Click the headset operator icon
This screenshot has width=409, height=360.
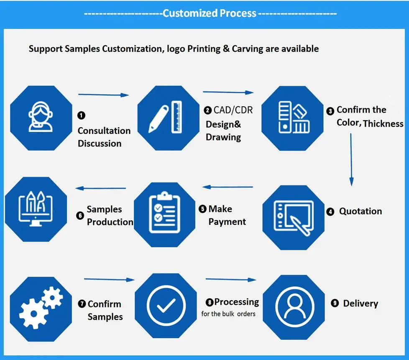coord(41,118)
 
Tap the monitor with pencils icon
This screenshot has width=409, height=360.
coord(36,208)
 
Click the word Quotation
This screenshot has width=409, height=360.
coord(360,211)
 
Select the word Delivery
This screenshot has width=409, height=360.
coord(360,303)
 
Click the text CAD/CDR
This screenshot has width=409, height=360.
coord(233,110)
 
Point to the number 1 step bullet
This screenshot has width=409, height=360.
coord(81,115)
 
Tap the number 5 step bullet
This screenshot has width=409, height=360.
coord(203,209)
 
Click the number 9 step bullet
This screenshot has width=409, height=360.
coord(335,303)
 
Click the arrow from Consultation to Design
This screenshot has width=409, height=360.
coord(104,95)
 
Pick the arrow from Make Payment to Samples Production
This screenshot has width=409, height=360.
coord(100,188)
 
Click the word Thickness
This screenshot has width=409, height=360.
coord(383,123)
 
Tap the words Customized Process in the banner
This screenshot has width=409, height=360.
coord(209,13)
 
